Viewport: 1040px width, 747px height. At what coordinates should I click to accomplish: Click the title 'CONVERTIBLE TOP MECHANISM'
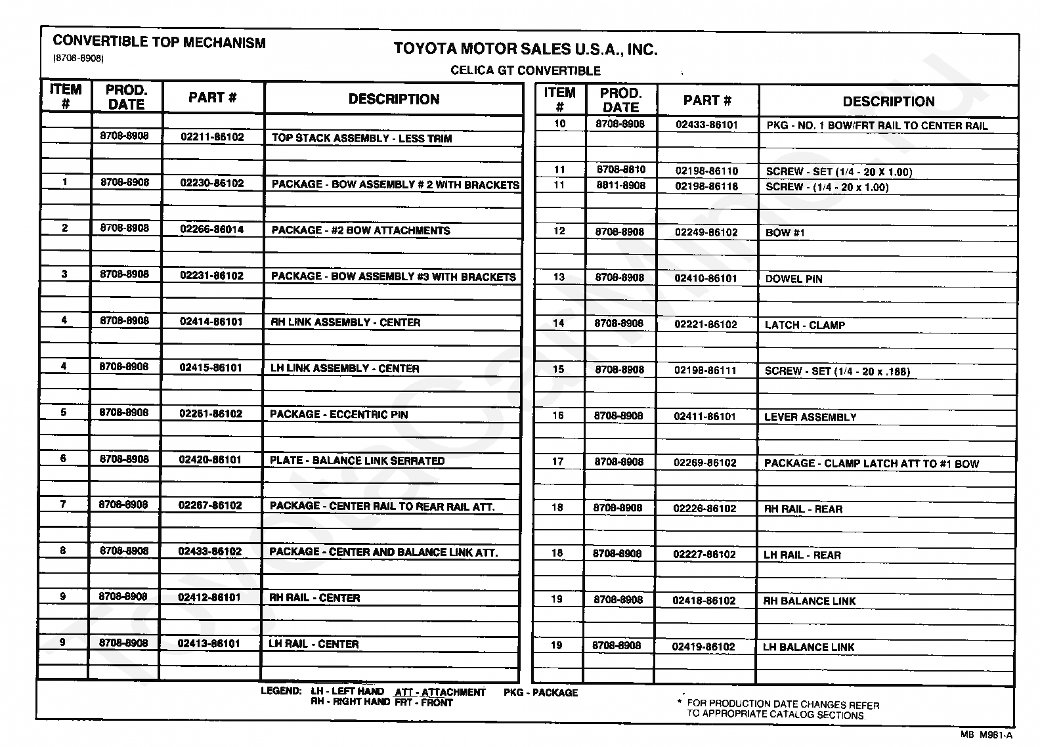[159, 43]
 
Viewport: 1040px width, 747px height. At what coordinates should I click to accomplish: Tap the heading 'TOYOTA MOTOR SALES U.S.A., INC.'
[525, 49]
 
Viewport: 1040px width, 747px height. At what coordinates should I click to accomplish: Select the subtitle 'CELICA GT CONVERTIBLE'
[525, 71]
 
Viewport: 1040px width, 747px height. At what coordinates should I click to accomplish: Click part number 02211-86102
[212, 137]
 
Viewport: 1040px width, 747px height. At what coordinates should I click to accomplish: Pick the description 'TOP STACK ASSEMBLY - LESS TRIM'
[362, 139]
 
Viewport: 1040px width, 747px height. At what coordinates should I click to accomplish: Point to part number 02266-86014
[211, 230]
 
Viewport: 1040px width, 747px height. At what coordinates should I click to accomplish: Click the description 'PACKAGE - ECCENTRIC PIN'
[339, 414]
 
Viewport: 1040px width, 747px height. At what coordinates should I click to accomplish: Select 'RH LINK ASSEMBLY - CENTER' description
[345, 322]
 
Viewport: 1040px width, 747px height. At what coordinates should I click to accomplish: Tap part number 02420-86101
[211, 459]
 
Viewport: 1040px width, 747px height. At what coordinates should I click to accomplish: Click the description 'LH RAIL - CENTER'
[314, 644]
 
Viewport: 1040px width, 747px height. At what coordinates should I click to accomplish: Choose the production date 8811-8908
[620, 186]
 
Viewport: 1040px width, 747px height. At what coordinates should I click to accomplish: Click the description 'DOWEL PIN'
[794, 279]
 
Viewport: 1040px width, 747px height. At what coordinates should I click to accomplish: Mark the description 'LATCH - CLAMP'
[805, 325]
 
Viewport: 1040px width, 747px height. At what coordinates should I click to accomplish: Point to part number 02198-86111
[706, 370]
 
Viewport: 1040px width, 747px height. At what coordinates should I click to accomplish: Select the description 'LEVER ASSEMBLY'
[810, 417]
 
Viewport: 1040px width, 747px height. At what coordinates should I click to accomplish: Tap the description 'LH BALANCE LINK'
[809, 647]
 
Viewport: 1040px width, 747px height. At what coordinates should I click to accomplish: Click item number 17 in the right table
[557, 461]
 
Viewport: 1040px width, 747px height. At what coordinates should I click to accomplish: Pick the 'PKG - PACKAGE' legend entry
[541, 693]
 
